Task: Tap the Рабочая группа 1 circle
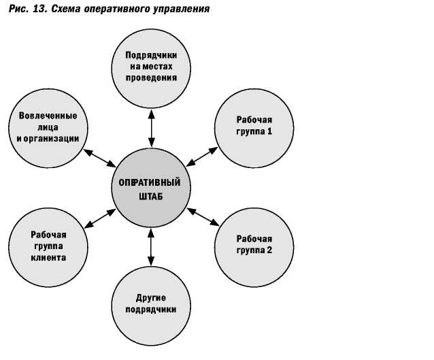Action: tap(254, 125)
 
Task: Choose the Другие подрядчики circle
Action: tap(150, 304)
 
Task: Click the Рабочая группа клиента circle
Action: tap(47, 246)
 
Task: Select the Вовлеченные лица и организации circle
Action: tap(47, 127)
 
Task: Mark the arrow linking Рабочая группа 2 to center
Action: tap(203, 218)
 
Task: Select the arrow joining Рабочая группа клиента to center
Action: tap(99, 218)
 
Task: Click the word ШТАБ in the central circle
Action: tap(150, 196)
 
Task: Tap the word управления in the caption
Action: tap(180, 10)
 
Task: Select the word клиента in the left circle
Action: tap(47, 258)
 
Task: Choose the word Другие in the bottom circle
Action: tap(150, 297)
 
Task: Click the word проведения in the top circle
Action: tap(150, 77)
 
